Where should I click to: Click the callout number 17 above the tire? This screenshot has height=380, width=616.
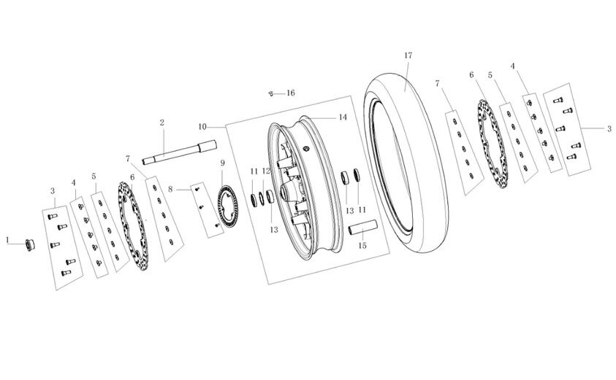click(x=408, y=55)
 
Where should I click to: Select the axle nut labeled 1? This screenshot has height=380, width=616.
click(x=30, y=245)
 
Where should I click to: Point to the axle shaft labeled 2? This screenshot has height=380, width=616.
click(x=179, y=152)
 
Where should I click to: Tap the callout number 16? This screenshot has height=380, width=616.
click(x=290, y=93)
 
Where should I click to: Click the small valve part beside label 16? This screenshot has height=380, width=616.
click(x=270, y=93)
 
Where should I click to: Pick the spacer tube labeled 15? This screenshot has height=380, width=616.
click(x=363, y=228)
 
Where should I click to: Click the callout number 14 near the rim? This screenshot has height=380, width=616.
click(x=343, y=117)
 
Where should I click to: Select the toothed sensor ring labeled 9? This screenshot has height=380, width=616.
click(x=228, y=206)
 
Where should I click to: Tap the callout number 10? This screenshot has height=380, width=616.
click(x=202, y=127)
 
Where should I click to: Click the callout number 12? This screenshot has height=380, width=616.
click(x=266, y=171)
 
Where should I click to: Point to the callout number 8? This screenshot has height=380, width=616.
click(x=170, y=190)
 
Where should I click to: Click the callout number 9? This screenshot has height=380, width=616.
click(x=222, y=163)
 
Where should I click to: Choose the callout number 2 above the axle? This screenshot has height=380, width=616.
click(x=162, y=123)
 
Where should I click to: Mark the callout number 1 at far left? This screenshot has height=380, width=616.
click(x=7, y=240)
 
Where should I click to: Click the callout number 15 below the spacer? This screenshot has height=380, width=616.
click(x=362, y=246)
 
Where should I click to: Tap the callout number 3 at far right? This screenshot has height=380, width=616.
click(x=609, y=128)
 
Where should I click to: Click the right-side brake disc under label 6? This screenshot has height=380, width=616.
click(x=493, y=144)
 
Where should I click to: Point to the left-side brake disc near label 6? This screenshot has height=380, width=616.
click(x=133, y=225)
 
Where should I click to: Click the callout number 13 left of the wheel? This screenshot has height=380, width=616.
click(x=274, y=230)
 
